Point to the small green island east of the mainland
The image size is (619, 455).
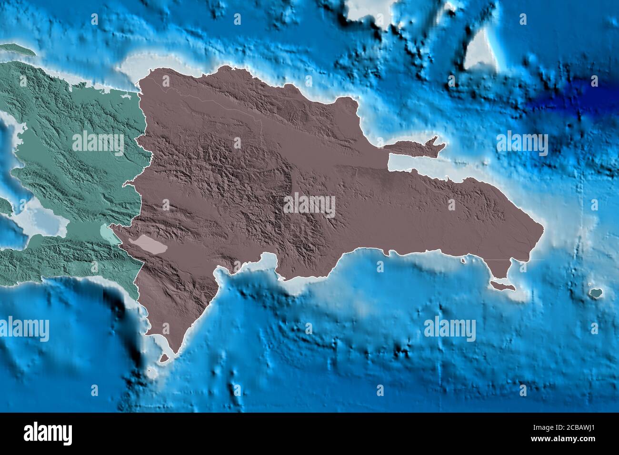pyautogui.click(x=595, y=292)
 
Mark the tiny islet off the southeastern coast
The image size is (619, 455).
pyautogui.click(x=463, y=260)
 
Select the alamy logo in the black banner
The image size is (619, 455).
pyautogui.click(x=48, y=433)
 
